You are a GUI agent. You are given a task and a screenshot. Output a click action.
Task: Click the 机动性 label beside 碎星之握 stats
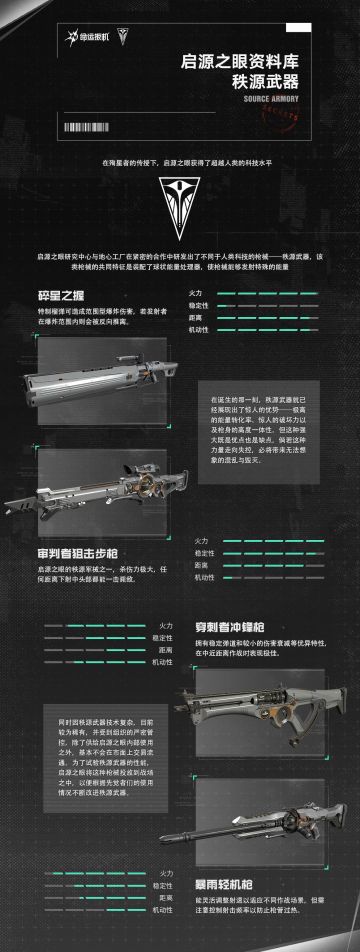click(x=198, y=328)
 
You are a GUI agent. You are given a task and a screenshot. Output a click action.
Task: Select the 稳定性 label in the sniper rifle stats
click(x=204, y=552)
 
